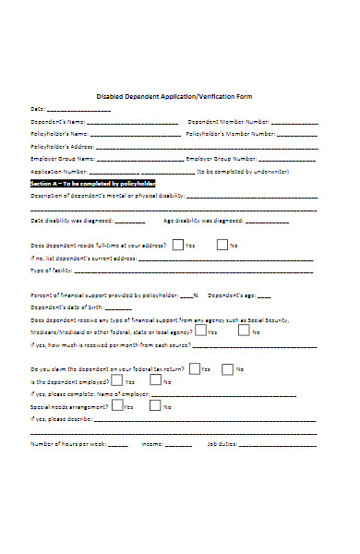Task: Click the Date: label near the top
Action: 37,108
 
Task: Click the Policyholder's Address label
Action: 62,146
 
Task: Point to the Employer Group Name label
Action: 61,158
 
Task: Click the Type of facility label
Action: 51,271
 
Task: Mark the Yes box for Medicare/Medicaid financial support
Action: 199,331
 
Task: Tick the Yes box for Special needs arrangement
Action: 116,405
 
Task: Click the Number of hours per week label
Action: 67,443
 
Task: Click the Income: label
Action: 151,443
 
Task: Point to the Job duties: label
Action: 222,443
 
